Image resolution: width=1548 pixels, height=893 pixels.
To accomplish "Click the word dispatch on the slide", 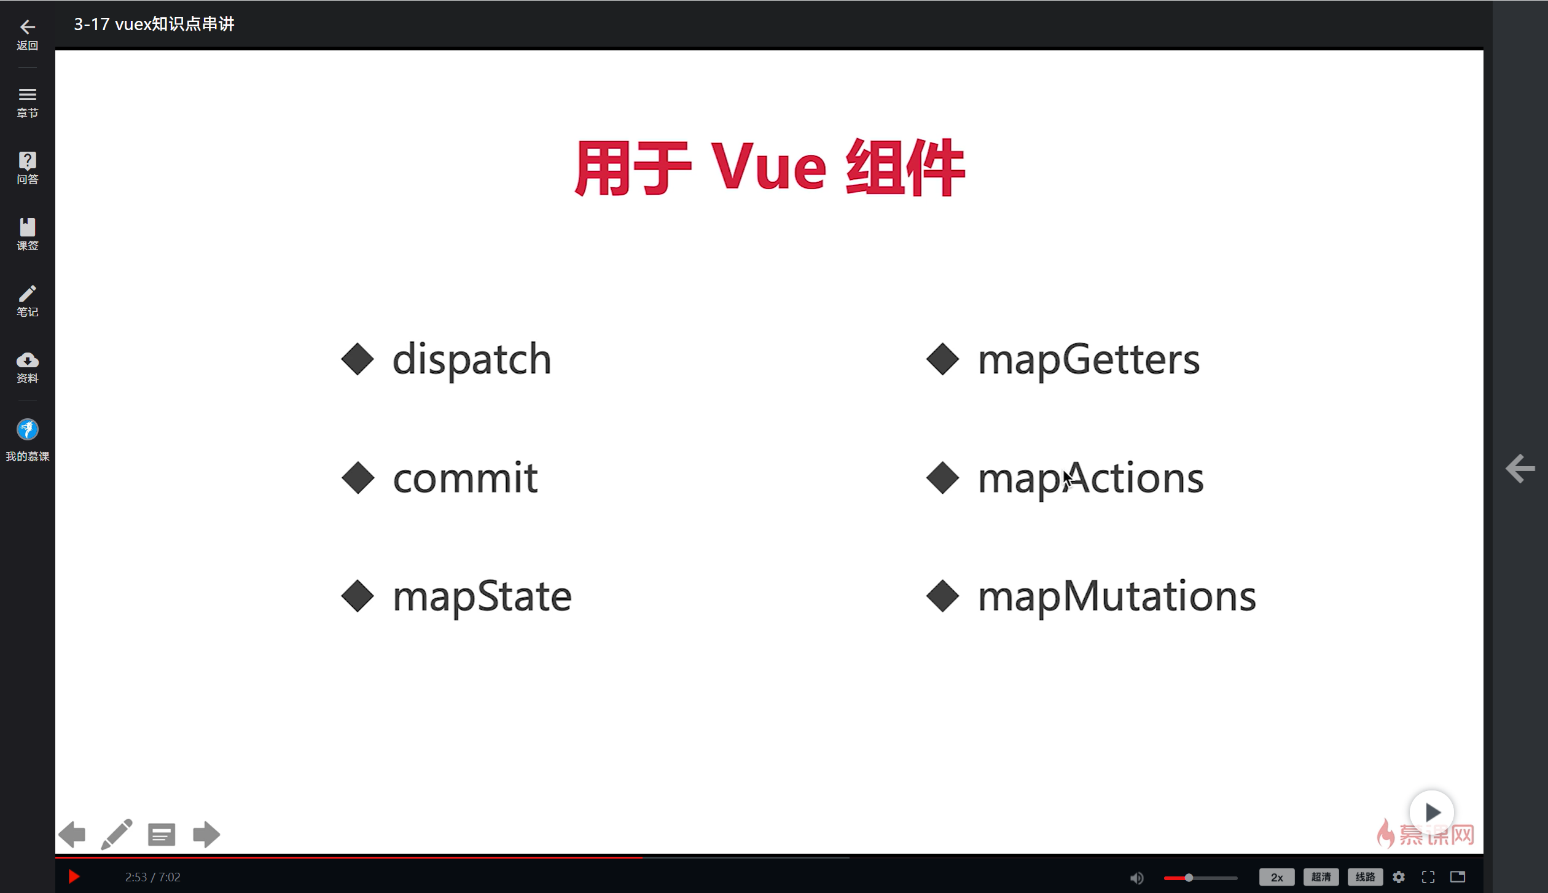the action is [472, 359].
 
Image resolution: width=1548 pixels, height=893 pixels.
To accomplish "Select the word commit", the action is [466, 478].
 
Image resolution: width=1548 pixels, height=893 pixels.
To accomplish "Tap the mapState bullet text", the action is [482, 596].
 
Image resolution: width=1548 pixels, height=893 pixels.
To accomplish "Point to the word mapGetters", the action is [1089, 359].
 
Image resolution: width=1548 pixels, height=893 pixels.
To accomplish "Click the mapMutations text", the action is [1117, 596].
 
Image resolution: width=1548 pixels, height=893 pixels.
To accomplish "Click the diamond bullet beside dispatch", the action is [358, 359].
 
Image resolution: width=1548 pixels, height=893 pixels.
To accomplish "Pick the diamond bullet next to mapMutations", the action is [942, 596].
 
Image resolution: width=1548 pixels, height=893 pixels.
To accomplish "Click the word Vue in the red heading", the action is [769, 167].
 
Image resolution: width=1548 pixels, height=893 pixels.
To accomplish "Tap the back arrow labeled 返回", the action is [27, 26].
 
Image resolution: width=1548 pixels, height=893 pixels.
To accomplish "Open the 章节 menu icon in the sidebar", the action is [27, 95].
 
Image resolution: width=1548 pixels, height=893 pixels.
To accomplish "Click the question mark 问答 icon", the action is [27, 160].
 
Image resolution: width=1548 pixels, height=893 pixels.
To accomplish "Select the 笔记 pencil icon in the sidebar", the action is [27, 293].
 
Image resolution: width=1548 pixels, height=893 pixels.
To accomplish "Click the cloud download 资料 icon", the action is [27, 360].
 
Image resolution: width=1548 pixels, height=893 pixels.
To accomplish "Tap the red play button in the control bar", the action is [74, 876].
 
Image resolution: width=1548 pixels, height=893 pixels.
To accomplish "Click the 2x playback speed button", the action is [1276, 877].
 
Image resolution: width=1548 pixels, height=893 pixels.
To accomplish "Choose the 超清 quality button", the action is [1321, 877].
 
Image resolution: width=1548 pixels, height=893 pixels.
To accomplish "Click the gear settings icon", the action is [1399, 877].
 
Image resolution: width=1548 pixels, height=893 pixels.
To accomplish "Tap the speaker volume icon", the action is [1136, 878].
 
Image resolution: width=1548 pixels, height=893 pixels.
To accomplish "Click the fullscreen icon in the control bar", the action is [1428, 877].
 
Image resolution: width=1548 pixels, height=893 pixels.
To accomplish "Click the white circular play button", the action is [1431, 813].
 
